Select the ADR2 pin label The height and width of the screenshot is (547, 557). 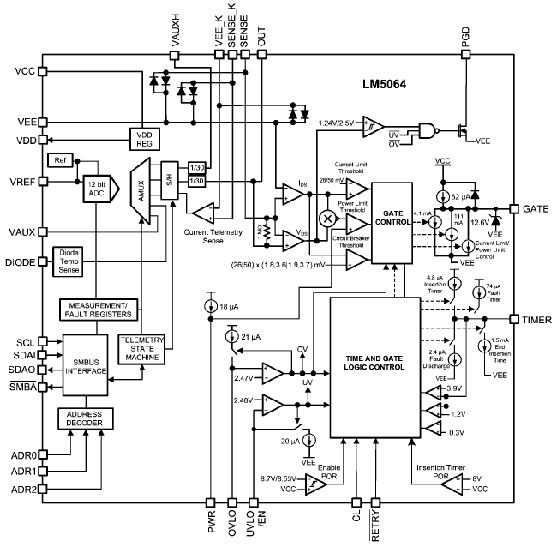click(x=24, y=490)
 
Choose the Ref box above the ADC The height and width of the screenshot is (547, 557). click(x=61, y=160)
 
